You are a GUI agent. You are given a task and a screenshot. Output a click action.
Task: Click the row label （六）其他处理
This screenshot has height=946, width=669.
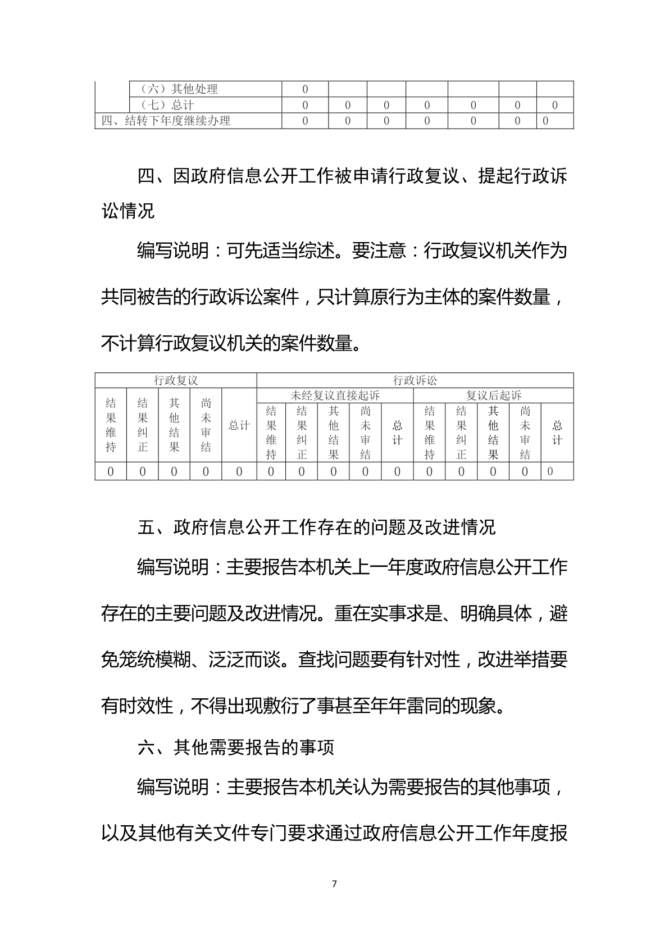click(x=178, y=89)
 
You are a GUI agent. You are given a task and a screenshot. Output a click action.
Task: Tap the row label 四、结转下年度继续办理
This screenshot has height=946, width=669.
click(x=166, y=121)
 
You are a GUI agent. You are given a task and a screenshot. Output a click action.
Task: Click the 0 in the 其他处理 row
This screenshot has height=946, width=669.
click(x=305, y=89)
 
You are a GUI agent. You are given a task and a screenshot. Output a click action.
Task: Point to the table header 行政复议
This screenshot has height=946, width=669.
click(x=176, y=380)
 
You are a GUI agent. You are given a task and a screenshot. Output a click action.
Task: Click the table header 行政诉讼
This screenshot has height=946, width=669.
click(x=415, y=380)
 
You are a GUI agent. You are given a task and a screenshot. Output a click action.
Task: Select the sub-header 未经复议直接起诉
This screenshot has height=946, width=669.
click(x=335, y=395)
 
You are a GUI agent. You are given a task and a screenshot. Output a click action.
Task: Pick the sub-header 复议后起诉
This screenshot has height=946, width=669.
click(x=493, y=395)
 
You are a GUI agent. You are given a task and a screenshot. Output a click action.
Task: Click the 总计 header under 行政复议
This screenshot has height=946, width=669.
click(x=239, y=425)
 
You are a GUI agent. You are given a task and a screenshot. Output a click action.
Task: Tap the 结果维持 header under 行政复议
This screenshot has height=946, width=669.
click(x=111, y=425)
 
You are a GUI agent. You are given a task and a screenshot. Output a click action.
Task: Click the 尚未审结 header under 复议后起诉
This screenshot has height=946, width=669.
click(x=525, y=433)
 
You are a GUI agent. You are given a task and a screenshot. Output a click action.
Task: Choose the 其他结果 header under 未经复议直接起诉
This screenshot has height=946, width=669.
click(x=334, y=433)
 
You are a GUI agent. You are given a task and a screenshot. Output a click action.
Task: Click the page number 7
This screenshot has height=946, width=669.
click(x=334, y=884)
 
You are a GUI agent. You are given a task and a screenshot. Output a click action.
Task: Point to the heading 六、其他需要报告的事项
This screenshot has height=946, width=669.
click(x=236, y=747)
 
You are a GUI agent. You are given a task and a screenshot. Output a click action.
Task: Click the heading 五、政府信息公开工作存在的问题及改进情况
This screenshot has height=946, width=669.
click(x=317, y=527)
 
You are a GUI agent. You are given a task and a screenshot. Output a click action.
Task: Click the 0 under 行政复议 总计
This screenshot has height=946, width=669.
click(x=239, y=471)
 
